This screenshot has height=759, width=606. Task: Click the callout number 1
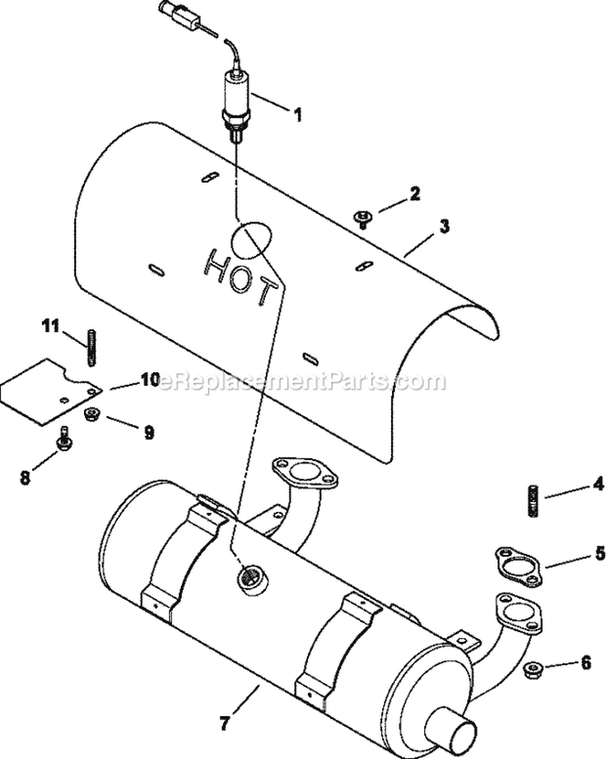click(x=297, y=115)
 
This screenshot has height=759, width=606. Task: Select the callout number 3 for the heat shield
click(x=444, y=227)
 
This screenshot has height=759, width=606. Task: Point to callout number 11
click(x=51, y=326)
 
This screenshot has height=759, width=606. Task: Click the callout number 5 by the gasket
click(x=599, y=553)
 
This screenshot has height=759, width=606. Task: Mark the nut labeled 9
click(x=92, y=416)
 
